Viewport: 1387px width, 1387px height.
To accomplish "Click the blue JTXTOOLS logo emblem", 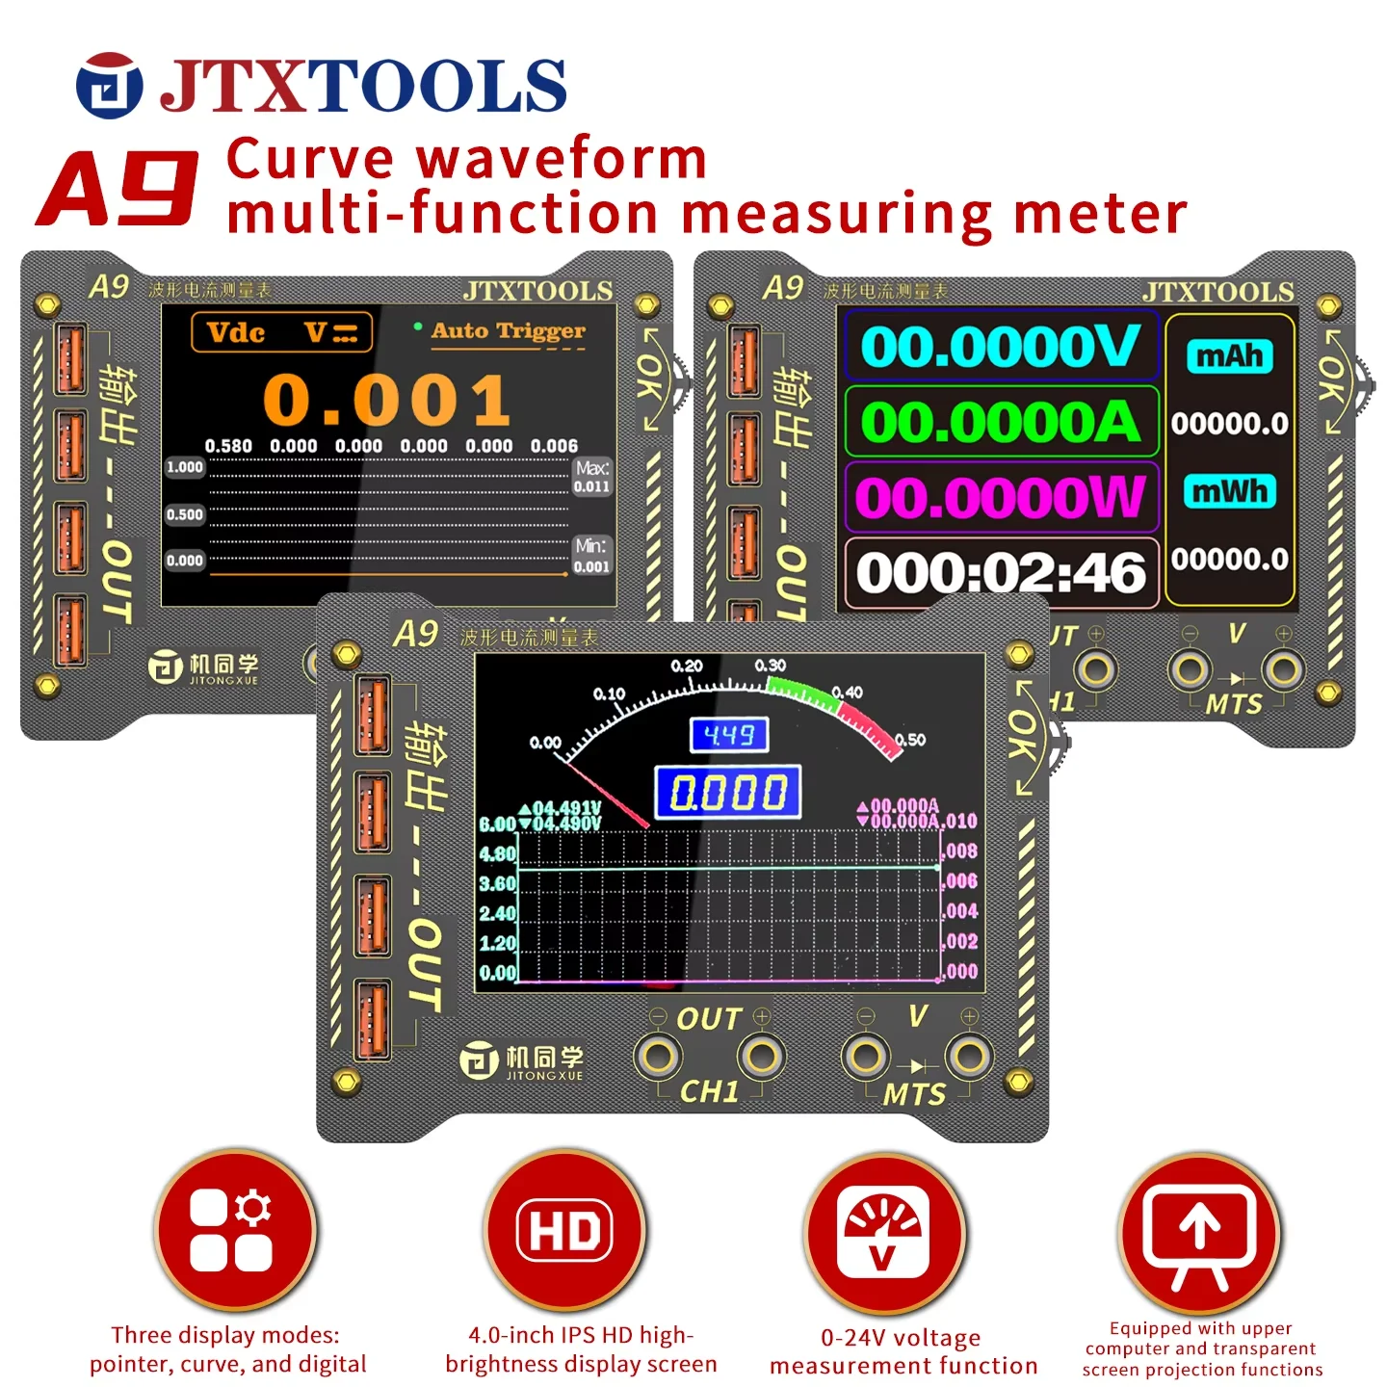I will (109, 86).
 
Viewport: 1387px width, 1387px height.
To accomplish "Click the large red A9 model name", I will (118, 189).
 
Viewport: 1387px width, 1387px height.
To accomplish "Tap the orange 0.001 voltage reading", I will (386, 401).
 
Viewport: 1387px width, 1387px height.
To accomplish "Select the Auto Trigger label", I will (508, 331).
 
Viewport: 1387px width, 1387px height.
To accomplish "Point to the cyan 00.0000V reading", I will (1000, 347).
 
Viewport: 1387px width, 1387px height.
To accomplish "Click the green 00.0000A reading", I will (1000, 422).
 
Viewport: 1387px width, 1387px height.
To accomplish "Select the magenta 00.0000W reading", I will (1000, 497).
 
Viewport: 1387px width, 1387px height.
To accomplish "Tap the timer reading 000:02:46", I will (1000, 573).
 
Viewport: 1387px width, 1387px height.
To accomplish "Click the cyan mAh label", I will (1230, 356).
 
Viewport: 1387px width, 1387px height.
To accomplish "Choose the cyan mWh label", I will (1230, 491).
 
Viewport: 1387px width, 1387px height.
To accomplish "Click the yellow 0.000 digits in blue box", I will (728, 793).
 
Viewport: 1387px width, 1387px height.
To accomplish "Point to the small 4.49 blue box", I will (729, 736).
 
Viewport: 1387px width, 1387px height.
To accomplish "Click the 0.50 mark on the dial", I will (910, 740).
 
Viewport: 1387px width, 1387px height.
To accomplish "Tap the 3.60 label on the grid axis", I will (497, 883).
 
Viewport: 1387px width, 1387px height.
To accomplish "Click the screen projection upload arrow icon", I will (1200, 1232).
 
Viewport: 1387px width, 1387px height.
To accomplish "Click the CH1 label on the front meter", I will (709, 1091).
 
